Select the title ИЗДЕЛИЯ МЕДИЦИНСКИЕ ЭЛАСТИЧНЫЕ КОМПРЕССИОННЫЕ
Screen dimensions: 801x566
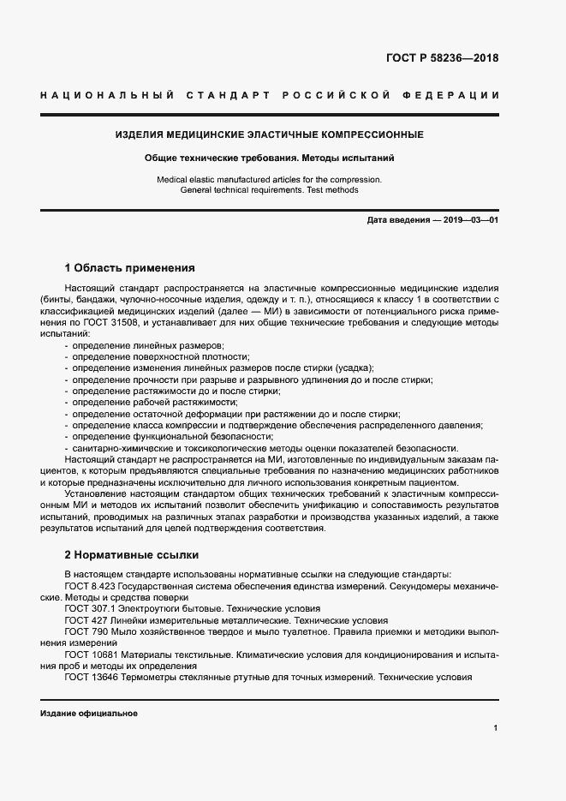tap(269, 135)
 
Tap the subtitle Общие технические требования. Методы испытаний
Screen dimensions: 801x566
tap(269, 158)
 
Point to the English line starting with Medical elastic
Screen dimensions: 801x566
tap(269, 179)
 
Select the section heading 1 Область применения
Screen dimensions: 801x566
tap(130, 267)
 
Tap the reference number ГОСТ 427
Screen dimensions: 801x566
tap(86, 619)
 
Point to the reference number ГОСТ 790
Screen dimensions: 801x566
tap(86, 631)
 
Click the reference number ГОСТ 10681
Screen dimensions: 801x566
tap(91, 654)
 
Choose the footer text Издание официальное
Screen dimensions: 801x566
tap(88, 713)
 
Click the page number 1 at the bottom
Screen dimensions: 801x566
tap(496, 728)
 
